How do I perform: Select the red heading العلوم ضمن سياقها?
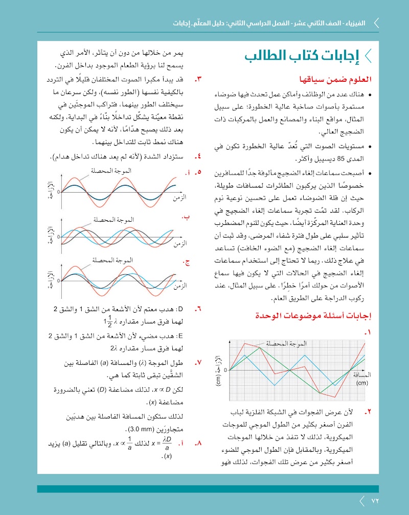pos(334,80)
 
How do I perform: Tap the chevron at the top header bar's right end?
pos(376,23)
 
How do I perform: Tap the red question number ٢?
pos(368,411)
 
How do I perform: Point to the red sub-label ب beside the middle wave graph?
pos(186,217)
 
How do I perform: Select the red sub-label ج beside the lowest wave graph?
pos(187,263)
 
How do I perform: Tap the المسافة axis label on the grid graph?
pos(362,374)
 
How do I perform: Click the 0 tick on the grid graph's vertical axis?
pos(225,369)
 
